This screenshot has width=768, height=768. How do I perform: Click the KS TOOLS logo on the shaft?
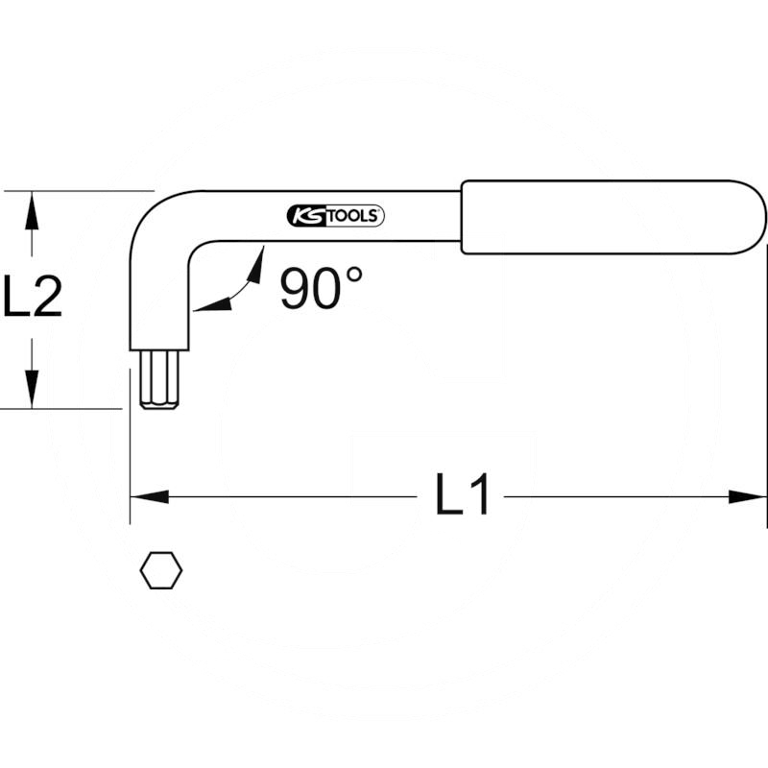(x=335, y=216)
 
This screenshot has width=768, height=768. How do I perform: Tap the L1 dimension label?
(x=462, y=494)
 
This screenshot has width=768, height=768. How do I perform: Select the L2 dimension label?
(x=33, y=295)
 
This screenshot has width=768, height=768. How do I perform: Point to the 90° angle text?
(x=321, y=287)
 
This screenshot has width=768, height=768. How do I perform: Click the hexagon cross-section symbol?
(x=161, y=570)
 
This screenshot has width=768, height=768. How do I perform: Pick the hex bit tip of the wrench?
(x=159, y=380)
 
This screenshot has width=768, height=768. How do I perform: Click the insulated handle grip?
(x=613, y=217)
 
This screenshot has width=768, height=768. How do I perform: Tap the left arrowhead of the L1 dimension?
(x=150, y=496)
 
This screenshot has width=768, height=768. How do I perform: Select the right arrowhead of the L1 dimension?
(x=747, y=496)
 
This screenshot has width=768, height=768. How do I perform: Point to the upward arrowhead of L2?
(x=33, y=210)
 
